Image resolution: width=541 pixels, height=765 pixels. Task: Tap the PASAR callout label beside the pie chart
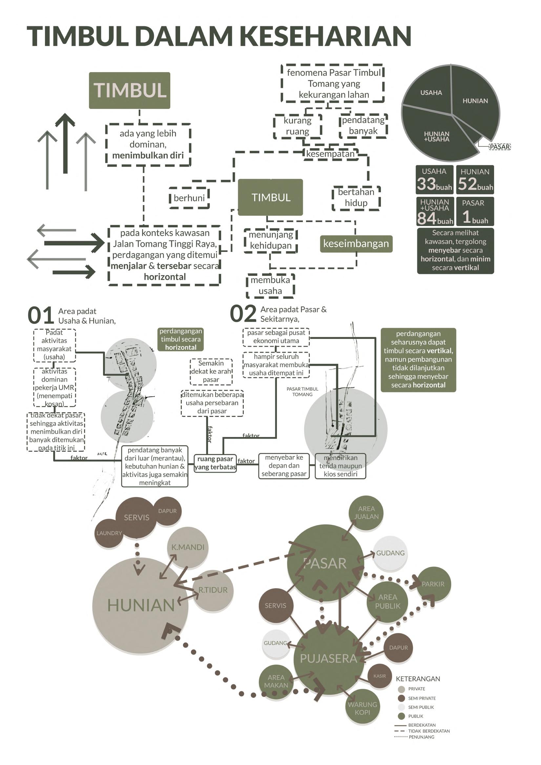499,147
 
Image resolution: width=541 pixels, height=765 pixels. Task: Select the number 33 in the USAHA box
427,184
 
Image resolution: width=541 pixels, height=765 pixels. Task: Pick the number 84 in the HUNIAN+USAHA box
427,218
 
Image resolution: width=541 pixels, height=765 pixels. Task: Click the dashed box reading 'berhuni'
189,198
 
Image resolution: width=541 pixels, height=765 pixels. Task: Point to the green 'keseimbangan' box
356,243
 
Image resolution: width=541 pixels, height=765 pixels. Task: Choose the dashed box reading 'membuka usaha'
270,285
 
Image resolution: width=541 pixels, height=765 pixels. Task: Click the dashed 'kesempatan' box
330,154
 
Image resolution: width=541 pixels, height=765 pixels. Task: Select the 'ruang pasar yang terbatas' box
215,463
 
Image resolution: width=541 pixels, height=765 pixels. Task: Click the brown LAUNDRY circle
109,533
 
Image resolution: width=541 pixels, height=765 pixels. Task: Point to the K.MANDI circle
188,547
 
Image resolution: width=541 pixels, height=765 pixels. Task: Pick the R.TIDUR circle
213,590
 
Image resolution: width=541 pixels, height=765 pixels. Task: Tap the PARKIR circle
433,584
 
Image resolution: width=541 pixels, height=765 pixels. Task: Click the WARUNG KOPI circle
362,708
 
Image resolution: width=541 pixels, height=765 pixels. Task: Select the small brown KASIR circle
380,676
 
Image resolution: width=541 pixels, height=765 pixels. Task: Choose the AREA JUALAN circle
366,513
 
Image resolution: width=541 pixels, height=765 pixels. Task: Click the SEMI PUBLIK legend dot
402,707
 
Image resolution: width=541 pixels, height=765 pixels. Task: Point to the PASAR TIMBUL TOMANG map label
302,391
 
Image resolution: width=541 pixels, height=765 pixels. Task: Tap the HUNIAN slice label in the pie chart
475,101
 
